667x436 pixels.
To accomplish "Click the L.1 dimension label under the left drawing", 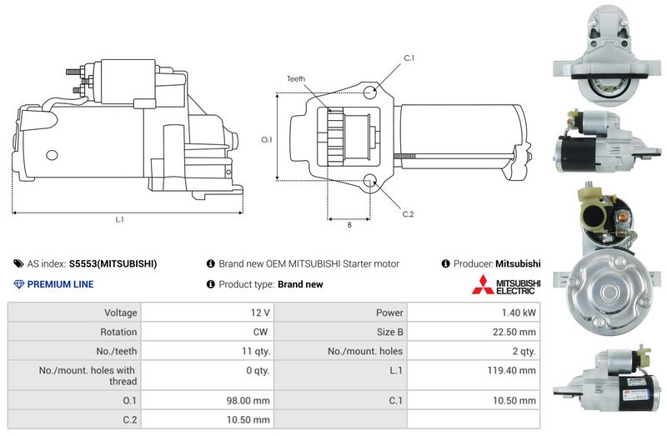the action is pos(119,219).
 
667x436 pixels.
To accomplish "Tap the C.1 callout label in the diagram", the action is pos(409,58).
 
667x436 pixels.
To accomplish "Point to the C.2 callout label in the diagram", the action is pos(408,214).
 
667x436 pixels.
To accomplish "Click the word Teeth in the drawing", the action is pos(296,78).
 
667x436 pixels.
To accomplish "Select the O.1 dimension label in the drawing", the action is pos(266,139).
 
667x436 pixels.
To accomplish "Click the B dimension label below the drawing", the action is pos(349,224).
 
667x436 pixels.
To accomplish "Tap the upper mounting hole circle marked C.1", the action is pos(370,92).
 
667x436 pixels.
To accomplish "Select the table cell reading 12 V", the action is pos(260,313).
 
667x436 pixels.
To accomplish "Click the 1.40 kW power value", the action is pos(519,313).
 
